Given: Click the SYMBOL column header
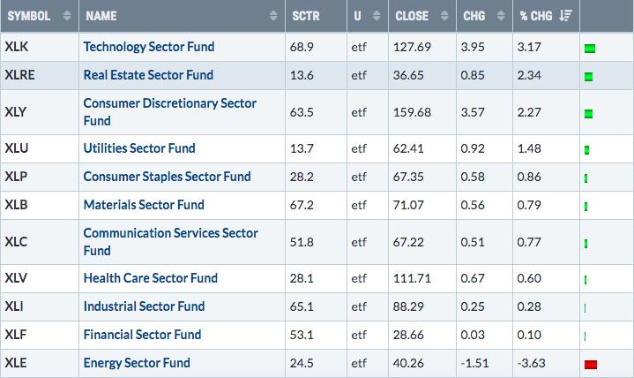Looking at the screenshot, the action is [29, 16].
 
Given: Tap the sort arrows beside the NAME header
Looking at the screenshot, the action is [273, 16].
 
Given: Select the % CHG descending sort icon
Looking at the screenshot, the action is [565, 16].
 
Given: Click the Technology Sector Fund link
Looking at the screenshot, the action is [149, 47].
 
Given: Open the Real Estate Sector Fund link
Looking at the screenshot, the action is [148, 75].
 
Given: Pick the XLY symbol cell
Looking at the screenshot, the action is [15, 112].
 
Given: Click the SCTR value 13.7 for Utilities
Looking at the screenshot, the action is [302, 148].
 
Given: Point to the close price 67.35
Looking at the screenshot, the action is [408, 177].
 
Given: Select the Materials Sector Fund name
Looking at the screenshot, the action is [144, 205].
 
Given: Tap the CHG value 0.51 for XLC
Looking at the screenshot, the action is [473, 242].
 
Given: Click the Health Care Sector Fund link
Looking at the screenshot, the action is [151, 278].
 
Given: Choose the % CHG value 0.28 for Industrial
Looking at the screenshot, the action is [529, 306].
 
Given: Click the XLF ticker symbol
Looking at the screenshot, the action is [15, 335].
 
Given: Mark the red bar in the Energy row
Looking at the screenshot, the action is [591, 365].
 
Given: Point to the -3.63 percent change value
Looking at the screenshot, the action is [532, 363].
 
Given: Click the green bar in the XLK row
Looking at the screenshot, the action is [590, 49].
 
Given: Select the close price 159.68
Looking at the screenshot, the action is [412, 112].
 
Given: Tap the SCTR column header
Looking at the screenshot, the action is [306, 16].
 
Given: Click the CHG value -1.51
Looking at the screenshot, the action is [474, 363].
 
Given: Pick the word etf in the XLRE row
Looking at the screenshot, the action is [359, 75].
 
